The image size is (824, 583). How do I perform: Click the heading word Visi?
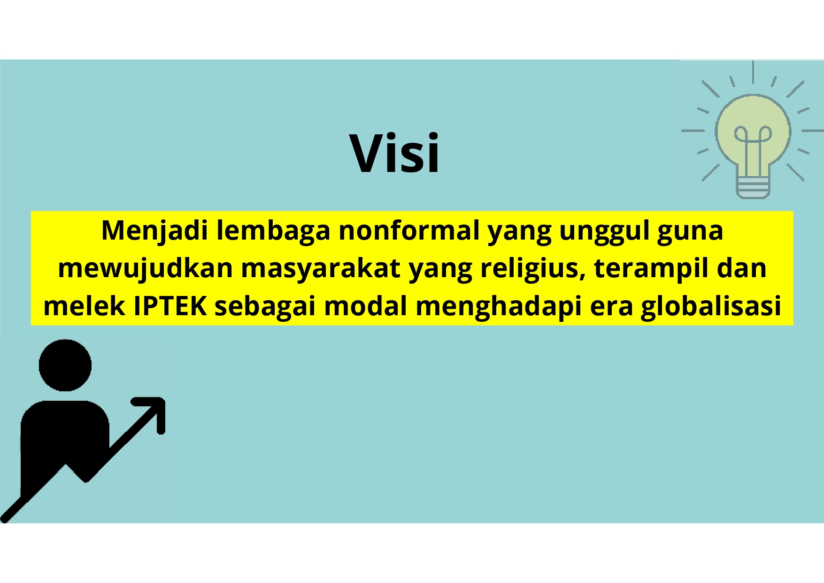394,153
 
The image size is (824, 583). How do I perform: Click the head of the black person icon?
65,365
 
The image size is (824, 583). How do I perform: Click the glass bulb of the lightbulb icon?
753,132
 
